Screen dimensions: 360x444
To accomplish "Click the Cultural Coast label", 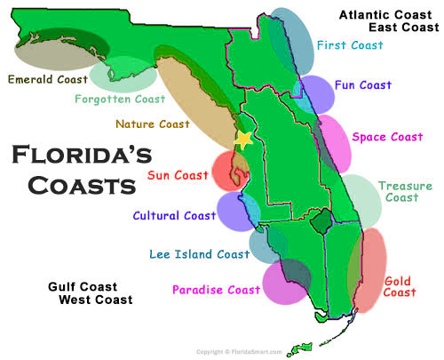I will [x=174, y=215].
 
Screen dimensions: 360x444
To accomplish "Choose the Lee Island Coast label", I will [x=200, y=254].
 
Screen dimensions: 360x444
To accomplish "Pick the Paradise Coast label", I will [x=216, y=289].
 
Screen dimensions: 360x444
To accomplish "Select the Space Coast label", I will [x=387, y=137].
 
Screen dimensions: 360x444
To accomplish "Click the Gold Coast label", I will [x=399, y=286].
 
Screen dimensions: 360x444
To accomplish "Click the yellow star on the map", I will [x=242, y=140].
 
